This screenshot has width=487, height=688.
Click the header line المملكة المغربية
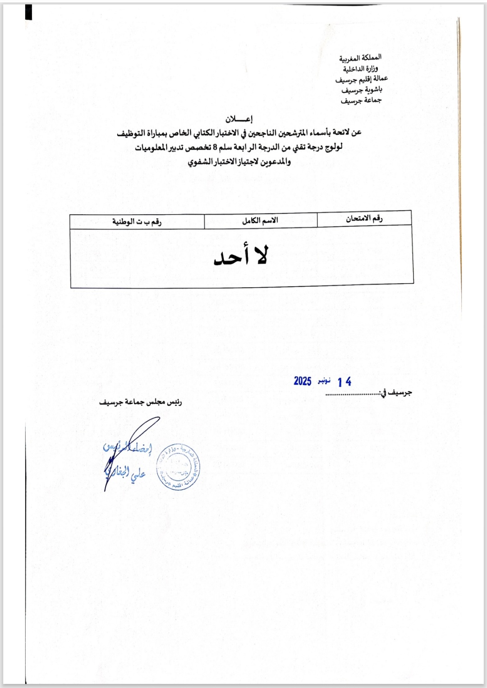[360, 58]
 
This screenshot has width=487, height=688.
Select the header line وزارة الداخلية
[360, 69]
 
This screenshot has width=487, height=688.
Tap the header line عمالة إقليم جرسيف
[361, 79]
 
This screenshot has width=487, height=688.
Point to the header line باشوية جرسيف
[361, 90]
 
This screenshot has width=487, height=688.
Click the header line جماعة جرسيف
[361, 100]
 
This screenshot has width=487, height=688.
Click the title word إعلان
[239, 119]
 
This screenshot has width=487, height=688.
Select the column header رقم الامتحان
[364, 219]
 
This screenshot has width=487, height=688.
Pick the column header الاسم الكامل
[260, 220]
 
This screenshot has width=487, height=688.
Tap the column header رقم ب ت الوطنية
[137, 222]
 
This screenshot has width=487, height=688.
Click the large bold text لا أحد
[241, 256]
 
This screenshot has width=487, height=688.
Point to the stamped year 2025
[303, 381]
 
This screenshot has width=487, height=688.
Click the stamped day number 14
[344, 382]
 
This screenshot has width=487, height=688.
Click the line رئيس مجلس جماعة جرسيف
[140, 402]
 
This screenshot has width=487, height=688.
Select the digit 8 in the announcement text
[215, 147]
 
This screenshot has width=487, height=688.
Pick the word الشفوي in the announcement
[200, 162]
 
